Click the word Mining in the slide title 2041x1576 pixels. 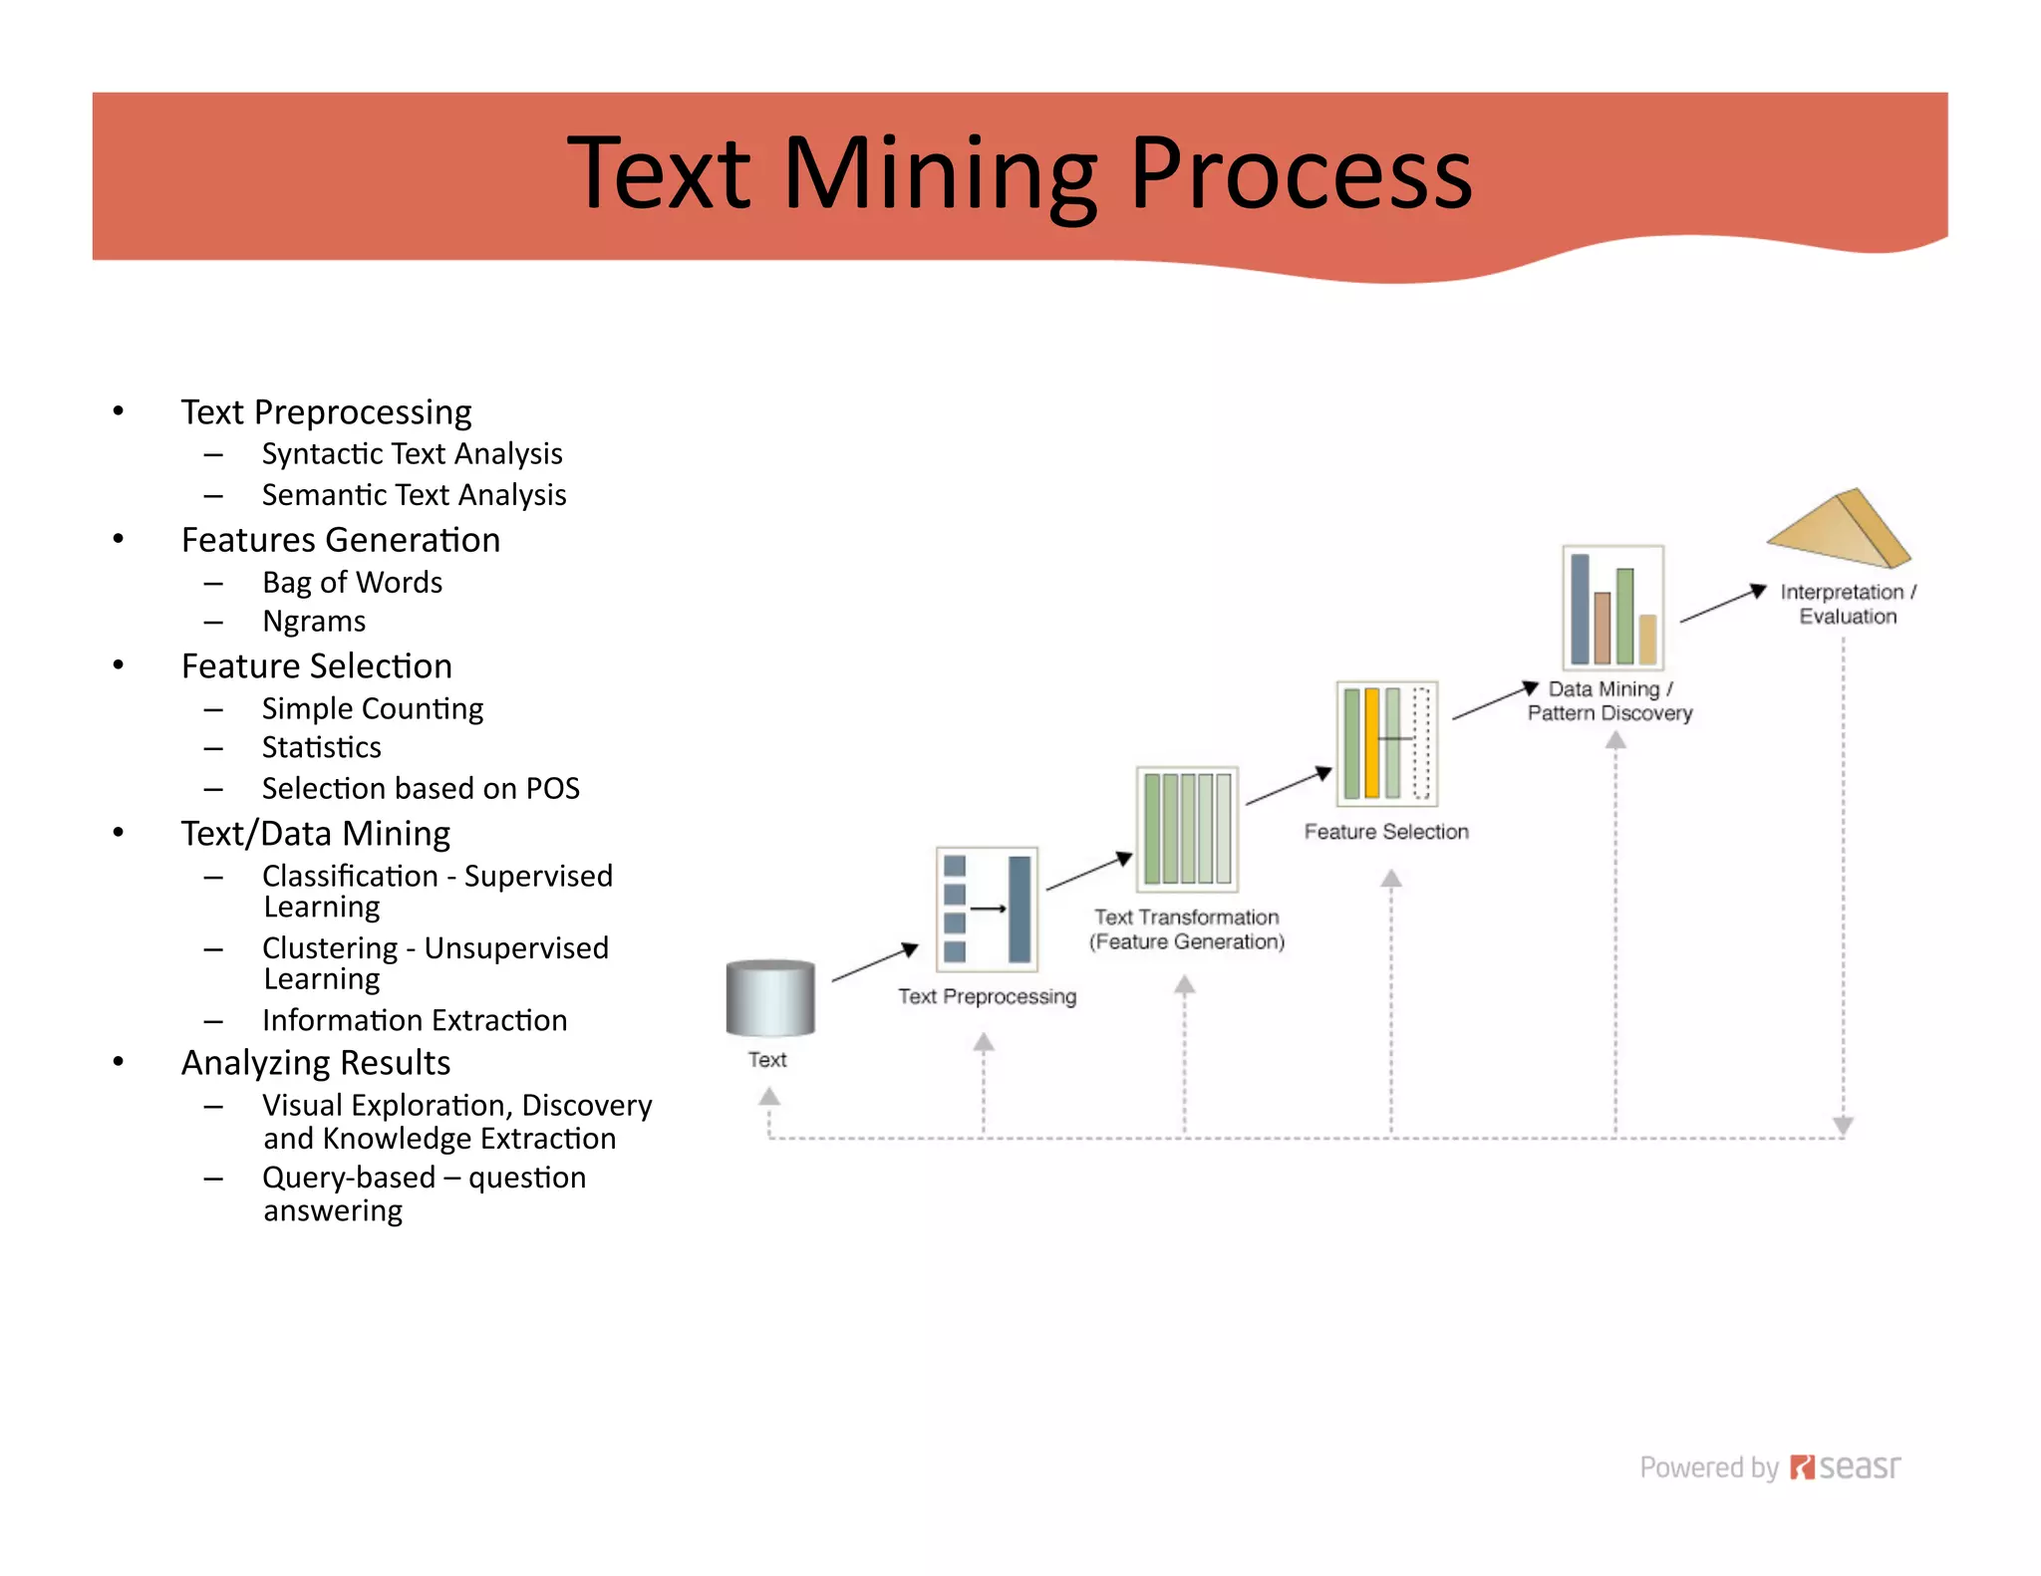[942, 174]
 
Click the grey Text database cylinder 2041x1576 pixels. [770, 998]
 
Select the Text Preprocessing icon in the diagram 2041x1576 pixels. [987, 909]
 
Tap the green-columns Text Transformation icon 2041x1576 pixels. [1187, 829]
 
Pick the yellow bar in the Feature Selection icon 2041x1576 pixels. [1372, 743]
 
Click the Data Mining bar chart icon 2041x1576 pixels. [1612, 607]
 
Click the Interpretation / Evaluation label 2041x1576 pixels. [1848, 604]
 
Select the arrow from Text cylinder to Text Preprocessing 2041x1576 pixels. [875, 962]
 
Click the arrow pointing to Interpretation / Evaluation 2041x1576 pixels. [1723, 605]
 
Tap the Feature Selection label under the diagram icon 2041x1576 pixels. [1386, 832]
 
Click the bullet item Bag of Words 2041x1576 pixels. [352, 582]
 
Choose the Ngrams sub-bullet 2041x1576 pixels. [314, 622]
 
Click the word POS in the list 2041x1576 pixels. [553, 789]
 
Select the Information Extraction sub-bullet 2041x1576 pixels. [415, 1020]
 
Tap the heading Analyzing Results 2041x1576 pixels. [316, 1063]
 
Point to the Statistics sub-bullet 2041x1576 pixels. [321, 747]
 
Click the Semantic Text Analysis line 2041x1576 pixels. [414, 495]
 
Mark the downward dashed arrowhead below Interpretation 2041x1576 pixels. [1843, 1125]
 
